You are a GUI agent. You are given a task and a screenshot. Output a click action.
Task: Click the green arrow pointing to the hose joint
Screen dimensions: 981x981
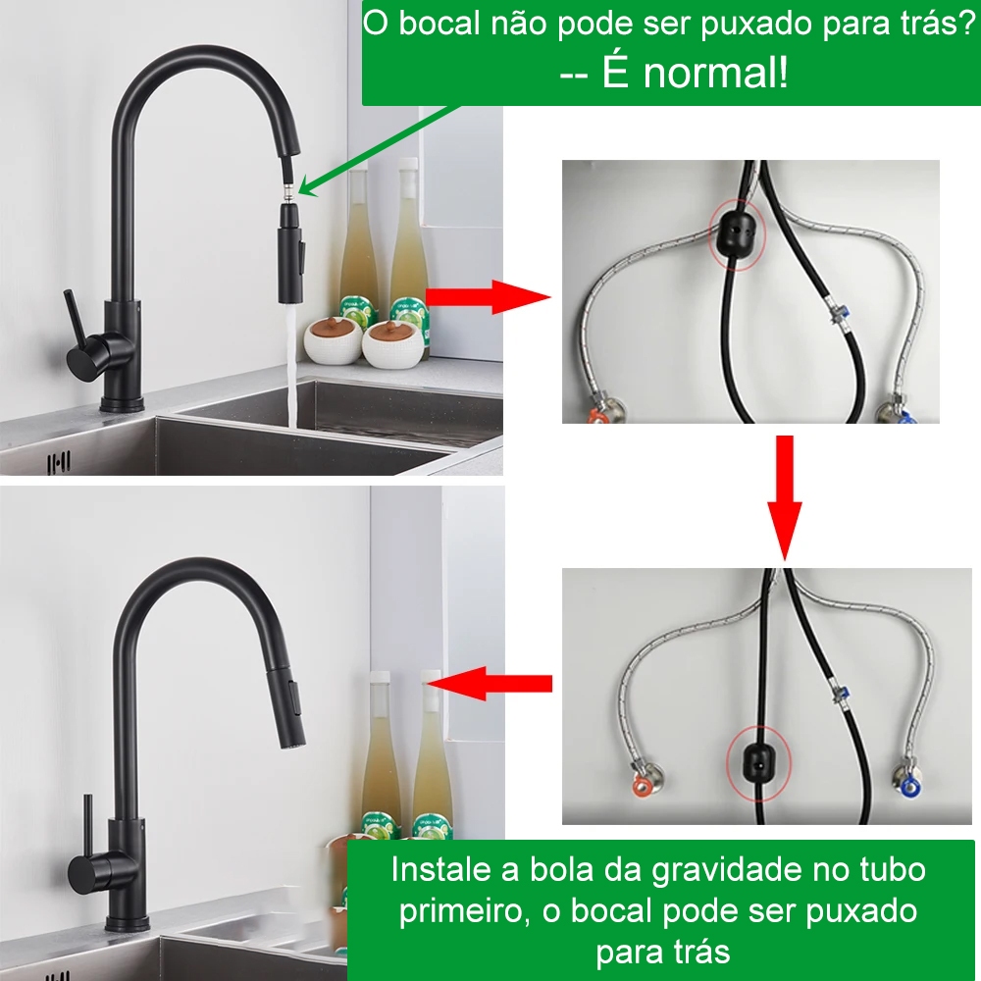[x=378, y=150]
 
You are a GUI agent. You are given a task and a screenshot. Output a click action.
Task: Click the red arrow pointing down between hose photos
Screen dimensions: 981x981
[x=785, y=497]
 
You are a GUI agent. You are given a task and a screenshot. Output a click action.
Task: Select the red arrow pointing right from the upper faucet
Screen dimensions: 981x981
[x=488, y=296]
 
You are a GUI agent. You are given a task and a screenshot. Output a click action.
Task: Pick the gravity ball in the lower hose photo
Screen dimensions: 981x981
[x=758, y=761]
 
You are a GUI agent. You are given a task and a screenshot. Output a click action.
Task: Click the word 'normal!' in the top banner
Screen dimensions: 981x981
[x=716, y=73]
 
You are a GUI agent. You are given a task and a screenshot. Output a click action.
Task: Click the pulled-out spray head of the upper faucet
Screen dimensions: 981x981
[x=291, y=253]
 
